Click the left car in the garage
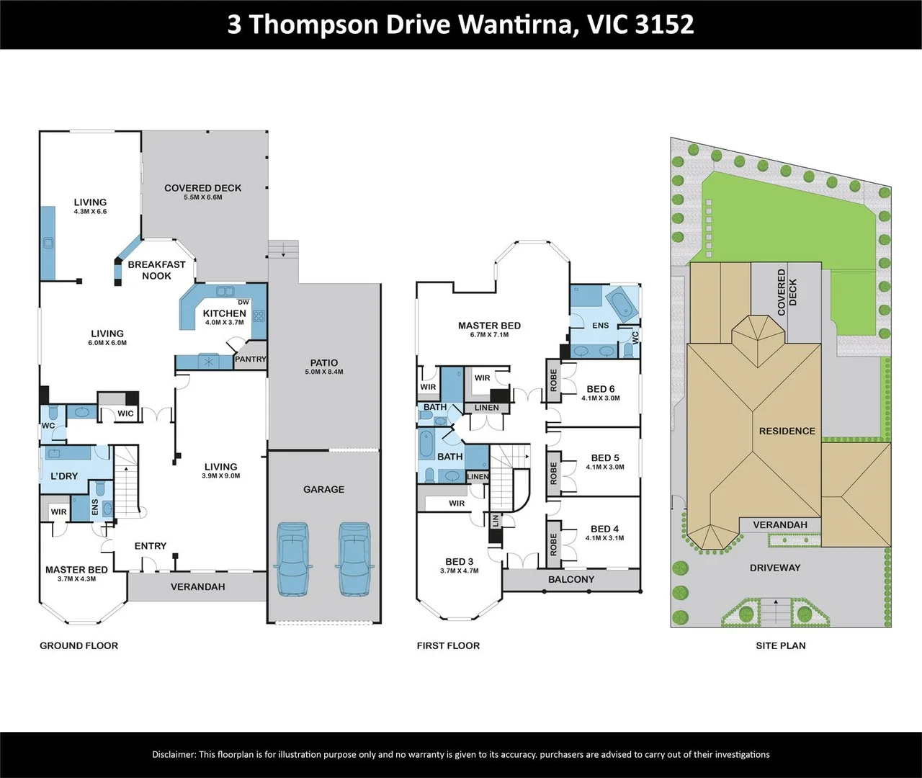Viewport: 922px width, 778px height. (292, 558)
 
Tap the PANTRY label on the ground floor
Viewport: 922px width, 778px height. (250, 359)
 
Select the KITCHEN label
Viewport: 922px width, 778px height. (224, 313)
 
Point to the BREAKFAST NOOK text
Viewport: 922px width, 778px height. (156, 270)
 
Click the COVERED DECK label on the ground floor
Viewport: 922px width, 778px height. (202, 188)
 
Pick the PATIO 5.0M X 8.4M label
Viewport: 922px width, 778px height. (323, 367)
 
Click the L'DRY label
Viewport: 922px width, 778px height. (64, 476)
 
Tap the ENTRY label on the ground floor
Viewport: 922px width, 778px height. (150, 546)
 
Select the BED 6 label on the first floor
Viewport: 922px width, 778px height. (601, 389)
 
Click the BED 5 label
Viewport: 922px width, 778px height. (604, 458)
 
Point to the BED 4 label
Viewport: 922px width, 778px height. (604, 529)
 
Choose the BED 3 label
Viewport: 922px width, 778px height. (459, 562)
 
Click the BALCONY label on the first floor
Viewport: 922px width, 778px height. (571, 579)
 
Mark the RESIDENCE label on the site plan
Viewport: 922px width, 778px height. (787, 431)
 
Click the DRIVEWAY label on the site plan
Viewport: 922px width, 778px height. (774, 568)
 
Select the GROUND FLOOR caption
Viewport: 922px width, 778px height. (79, 645)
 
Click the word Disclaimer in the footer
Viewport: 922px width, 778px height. (174, 754)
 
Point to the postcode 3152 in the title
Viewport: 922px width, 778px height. (665, 24)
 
